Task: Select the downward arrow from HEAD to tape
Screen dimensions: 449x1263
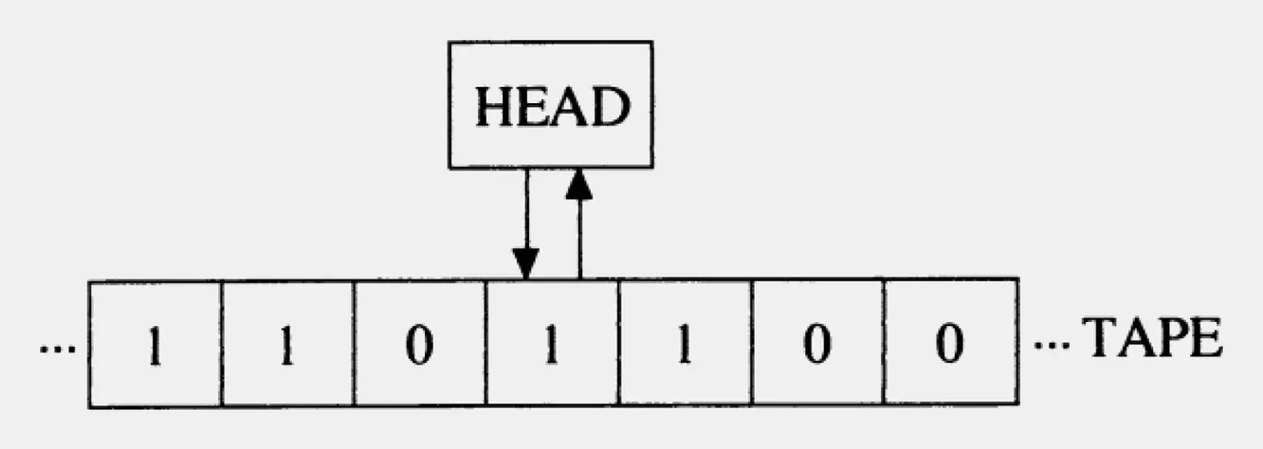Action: coord(524,224)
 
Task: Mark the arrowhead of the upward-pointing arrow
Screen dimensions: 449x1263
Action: coord(578,186)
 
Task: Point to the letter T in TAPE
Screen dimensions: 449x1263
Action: coord(1100,339)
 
